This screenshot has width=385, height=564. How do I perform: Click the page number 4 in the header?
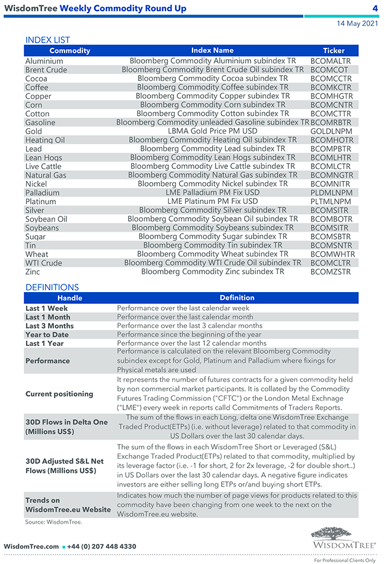point(375,8)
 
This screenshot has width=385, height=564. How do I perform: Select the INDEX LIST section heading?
point(47,40)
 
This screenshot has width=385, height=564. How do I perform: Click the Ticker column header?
point(333,51)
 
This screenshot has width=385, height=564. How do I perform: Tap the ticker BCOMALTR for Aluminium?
point(331,61)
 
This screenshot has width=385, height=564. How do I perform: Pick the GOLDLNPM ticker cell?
point(331,131)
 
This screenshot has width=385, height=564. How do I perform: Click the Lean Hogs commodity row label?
point(44,158)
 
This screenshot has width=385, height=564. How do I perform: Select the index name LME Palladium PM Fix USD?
point(213,193)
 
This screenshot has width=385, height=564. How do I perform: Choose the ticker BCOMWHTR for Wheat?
point(332,254)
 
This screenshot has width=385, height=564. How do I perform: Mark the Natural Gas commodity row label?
point(46,175)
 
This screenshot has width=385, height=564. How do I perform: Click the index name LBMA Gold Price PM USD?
point(213,131)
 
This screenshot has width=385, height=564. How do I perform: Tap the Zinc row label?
point(33,272)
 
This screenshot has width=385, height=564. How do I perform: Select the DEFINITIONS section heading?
point(52,287)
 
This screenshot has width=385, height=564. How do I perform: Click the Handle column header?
point(70,298)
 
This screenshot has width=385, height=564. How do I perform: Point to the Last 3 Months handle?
point(50,326)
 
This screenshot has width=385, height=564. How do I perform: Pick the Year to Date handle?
point(47,335)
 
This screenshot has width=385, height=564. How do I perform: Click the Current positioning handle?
point(59,394)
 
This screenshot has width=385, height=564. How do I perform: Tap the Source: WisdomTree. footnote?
point(53,522)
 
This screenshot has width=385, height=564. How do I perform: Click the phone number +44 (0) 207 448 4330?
point(101,546)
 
